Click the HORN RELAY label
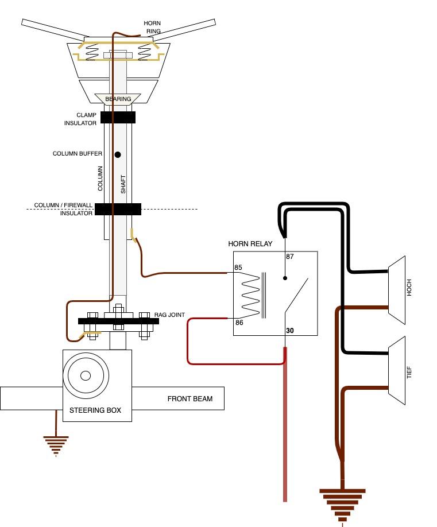click(250, 243)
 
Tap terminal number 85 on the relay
click(238, 268)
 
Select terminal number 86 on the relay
click(239, 323)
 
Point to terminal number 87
click(290, 257)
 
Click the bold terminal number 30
click(290, 331)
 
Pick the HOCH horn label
click(409, 288)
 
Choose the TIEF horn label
click(409, 373)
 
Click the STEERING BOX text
click(95, 410)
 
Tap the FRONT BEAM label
click(190, 398)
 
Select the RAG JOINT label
click(169, 315)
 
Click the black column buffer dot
click(118, 154)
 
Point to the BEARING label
click(118, 99)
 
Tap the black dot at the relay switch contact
click(285, 278)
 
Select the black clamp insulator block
click(118, 117)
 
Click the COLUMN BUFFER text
click(78, 154)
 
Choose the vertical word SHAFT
click(123, 184)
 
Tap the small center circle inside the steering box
click(86, 375)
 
